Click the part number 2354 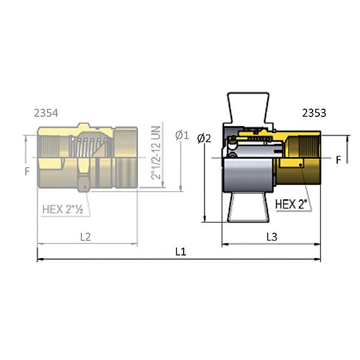(46, 113)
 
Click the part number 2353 (314, 113)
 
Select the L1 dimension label (181, 252)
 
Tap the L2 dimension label (85, 237)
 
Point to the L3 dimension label (272, 237)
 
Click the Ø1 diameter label (182, 135)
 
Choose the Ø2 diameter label (204, 139)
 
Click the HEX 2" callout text (291, 204)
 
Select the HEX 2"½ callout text (62, 209)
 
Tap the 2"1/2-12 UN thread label (155, 152)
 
